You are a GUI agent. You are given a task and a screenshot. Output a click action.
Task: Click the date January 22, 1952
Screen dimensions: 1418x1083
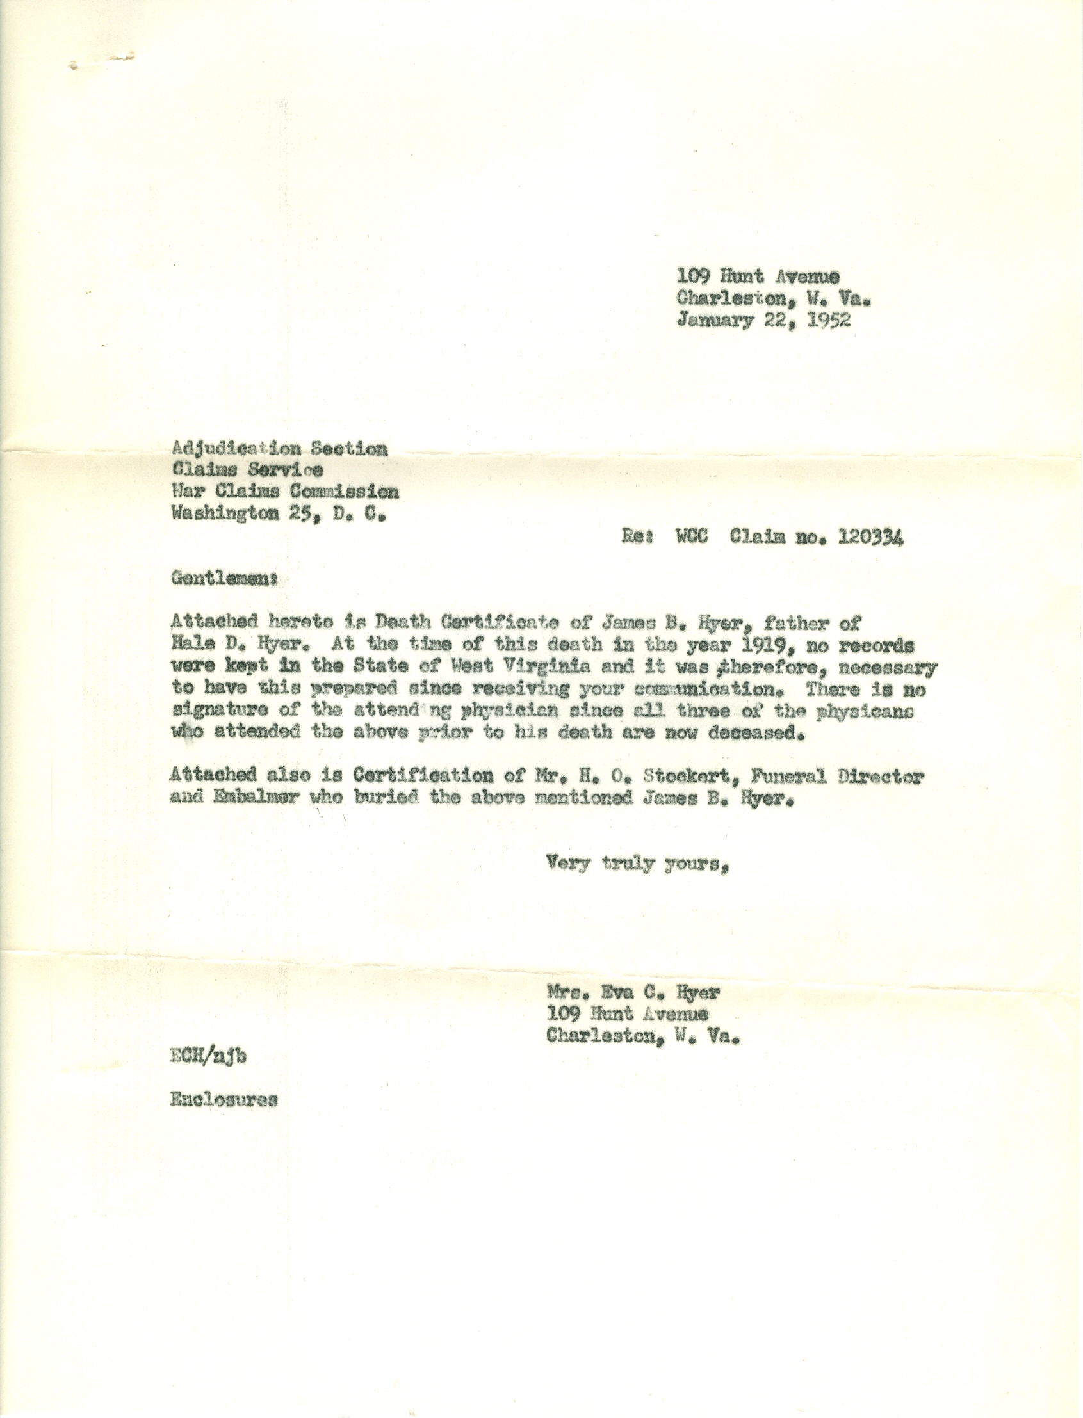coord(763,320)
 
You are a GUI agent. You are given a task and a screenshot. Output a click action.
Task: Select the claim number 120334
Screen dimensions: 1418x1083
coord(870,536)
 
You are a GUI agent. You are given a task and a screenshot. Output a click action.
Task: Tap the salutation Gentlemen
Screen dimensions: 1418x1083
coord(223,579)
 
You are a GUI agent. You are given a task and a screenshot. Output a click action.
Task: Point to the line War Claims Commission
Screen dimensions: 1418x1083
coord(284,492)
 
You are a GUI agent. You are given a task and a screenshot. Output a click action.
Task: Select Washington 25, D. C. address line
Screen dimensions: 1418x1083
coord(278,514)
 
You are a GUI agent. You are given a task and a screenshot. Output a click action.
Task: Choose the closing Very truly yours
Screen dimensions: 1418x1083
coord(637,862)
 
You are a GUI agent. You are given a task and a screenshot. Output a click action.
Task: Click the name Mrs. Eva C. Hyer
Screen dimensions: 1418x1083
coord(632,992)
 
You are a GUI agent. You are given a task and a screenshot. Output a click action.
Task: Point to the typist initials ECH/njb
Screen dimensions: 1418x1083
coord(208,1056)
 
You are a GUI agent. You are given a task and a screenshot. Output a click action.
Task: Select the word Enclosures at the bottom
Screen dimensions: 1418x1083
coord(224,1100)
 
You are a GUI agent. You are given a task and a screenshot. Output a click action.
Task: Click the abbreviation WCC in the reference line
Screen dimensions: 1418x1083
coord(692,536)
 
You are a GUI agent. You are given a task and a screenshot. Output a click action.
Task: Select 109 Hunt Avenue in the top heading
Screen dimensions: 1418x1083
coord(758,277)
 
